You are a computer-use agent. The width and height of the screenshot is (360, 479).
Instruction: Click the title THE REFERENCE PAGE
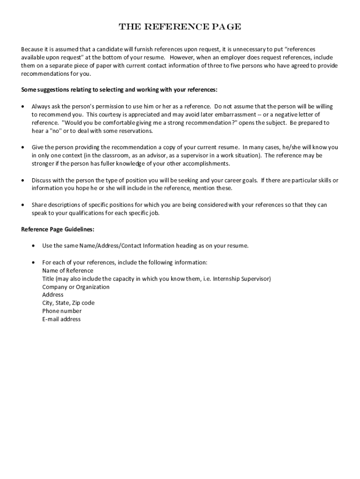[x=180, y=27]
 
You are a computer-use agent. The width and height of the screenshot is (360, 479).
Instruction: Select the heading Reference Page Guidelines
[x=58, y=229]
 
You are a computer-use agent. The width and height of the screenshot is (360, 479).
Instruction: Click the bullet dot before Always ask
[x=23, y=107]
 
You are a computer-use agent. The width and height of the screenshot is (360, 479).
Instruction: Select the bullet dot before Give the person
[x=23, y=147]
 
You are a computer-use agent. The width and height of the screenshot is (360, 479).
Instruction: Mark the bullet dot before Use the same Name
[x=34, y=246]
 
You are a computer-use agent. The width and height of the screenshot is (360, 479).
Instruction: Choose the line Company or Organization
[x=76, y=287]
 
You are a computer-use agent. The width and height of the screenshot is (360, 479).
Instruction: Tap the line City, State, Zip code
[x=68, y=303]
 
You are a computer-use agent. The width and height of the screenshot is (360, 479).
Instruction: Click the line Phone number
[x=62, y=311]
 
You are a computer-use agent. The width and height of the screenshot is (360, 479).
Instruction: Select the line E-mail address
[x=61, y=319]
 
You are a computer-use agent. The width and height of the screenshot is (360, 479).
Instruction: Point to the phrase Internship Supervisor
[x=241, y=279]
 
